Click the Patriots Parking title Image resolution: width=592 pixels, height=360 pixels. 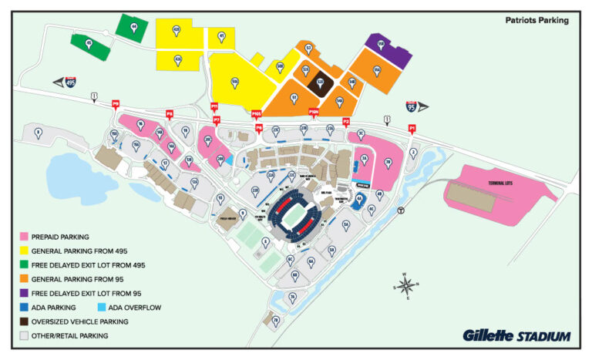(537, 20)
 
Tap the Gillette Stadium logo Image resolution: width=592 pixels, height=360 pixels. (516, 336)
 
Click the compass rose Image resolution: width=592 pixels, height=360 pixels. (407, 285)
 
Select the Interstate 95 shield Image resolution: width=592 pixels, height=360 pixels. (412, 108)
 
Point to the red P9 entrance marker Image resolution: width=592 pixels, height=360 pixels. (116, 104)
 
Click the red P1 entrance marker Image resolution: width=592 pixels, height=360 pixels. (412, 129)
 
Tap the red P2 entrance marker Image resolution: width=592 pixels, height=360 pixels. (346, 122)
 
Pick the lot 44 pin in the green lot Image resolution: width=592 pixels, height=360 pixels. (134, 27)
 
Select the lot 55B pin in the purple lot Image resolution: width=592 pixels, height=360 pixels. (381, 45)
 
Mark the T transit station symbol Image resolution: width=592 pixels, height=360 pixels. (400, 210)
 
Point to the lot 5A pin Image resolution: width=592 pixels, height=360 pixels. (346, 224)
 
